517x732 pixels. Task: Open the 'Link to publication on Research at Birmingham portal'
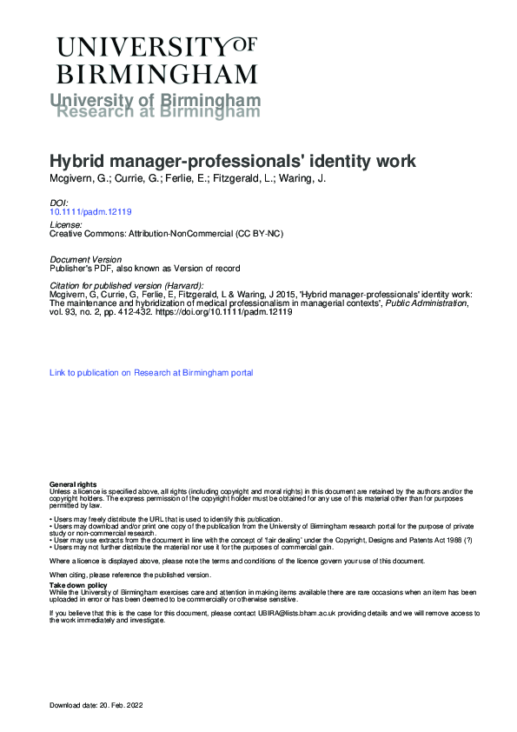coord(151,373)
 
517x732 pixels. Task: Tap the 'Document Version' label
coord(86,260)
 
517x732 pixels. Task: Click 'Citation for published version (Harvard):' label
coord(127,285)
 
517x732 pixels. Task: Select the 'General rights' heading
coord(73,483)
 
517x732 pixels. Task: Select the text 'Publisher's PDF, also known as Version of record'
coord(145,269)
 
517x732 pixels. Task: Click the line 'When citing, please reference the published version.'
coord(129,575)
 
